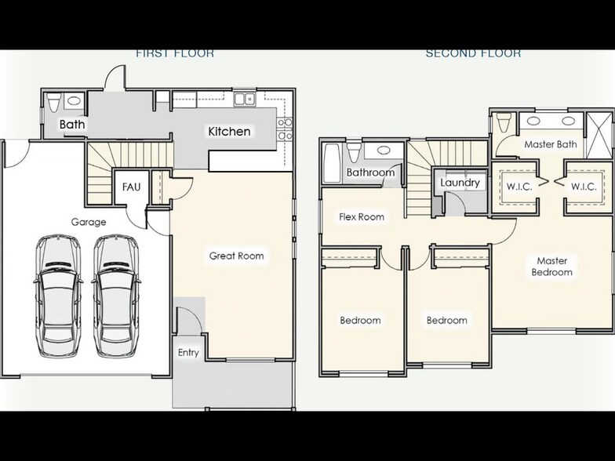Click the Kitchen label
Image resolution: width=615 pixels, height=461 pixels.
(229, 131)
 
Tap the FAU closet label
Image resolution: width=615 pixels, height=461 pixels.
(131, 187)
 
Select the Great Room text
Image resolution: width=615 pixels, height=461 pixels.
(236, 256)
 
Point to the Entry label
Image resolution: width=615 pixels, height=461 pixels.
(188, 353)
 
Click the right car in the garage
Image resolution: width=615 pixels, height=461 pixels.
(115, 289)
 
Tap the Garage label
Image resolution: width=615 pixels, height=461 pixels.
(89, 222)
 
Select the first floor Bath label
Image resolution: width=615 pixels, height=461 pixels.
(72, 125)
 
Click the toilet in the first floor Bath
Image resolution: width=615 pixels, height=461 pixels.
(54, 103)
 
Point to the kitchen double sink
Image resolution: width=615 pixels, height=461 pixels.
(245, 99)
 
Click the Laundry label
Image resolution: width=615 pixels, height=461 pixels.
(460, 183)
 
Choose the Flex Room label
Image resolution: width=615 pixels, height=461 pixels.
(361, 216)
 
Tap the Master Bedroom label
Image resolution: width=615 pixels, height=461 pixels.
(552, 267)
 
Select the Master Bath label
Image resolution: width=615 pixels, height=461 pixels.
(550, 144)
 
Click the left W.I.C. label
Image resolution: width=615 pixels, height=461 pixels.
(519, 187)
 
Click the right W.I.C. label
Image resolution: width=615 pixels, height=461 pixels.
(584, 187)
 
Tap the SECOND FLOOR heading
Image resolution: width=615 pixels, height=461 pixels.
(473, 53)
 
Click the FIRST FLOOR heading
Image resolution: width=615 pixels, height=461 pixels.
(175, 53)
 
